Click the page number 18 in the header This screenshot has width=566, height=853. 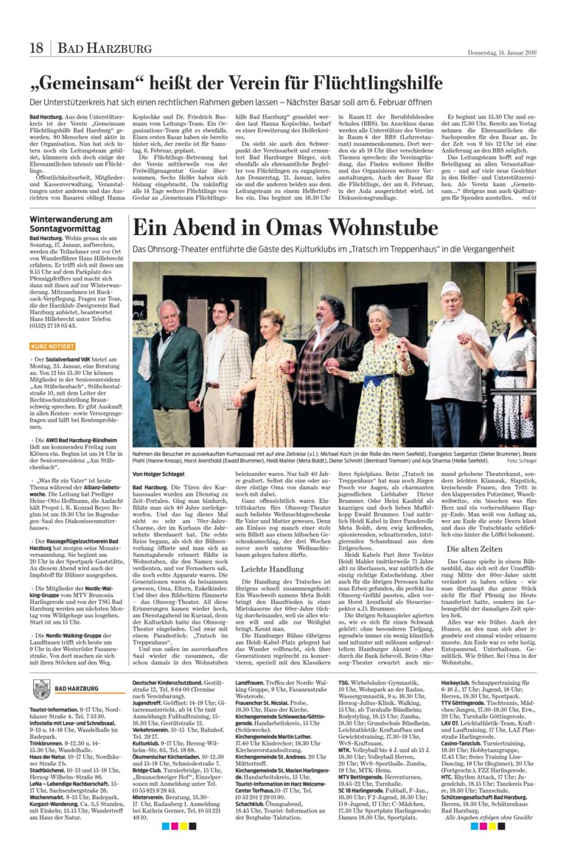(36, 49)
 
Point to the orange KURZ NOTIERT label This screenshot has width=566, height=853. (52, 345)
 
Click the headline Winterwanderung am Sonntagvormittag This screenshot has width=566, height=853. (71, 224)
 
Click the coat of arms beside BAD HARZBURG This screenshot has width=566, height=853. (41, 687)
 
